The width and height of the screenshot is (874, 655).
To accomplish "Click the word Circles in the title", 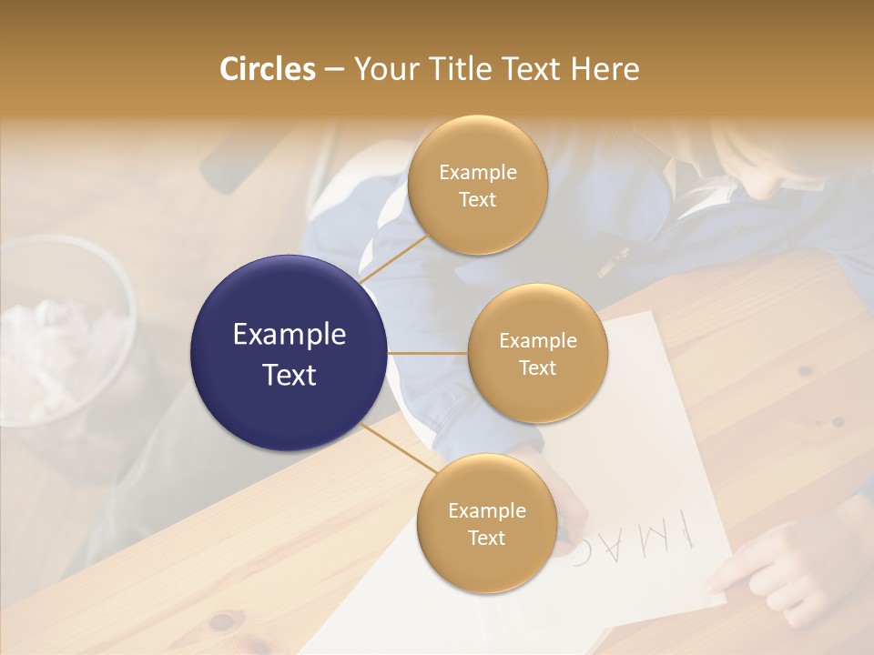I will coord(267,69).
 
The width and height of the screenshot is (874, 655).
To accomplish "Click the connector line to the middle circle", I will coord(428,353).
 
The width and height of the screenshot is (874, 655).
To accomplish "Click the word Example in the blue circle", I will coord(289,335).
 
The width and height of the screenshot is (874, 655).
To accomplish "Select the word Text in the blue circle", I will coord(289,375).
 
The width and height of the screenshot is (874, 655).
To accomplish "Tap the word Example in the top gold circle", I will coord(477,173).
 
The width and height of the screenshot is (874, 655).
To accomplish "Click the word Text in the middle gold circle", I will coord(537,368).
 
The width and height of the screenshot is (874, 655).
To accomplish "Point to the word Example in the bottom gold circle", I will coord(486,511).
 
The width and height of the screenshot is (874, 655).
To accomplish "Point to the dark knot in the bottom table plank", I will coord(221,622).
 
